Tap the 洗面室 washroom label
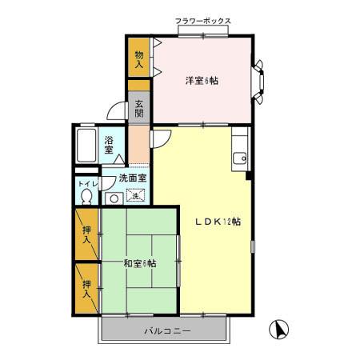coord(133,178)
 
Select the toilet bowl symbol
coord(86,198)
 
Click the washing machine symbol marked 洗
coord(135,195)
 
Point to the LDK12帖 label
coord(218,222)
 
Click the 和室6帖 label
coord(139,263)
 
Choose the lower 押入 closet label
coord(87,289)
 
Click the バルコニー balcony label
coord(166,330)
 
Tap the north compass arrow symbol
coord(281,328)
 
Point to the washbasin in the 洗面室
coord(113,198)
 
